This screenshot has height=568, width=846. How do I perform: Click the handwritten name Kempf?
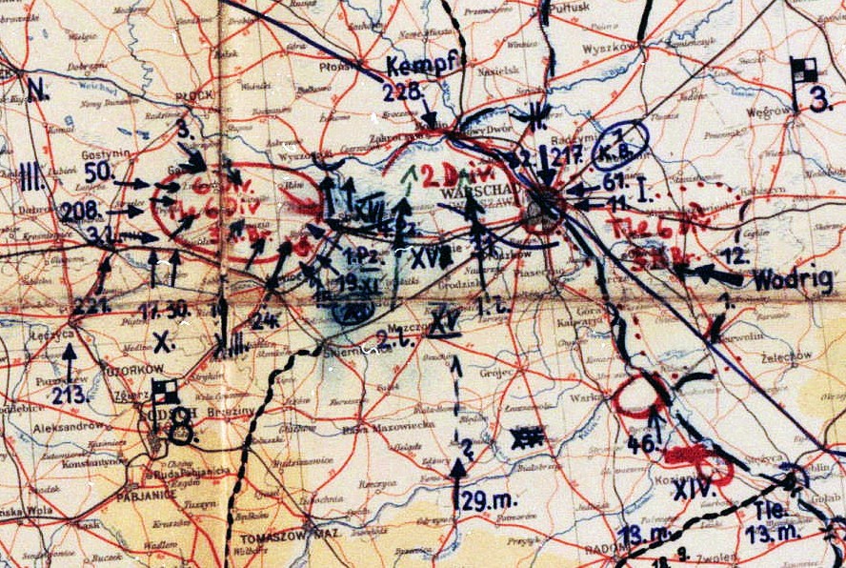point(424,65)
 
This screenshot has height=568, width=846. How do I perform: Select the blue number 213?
point(70,394)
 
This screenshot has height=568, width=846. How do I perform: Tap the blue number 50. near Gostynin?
point(99,172)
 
